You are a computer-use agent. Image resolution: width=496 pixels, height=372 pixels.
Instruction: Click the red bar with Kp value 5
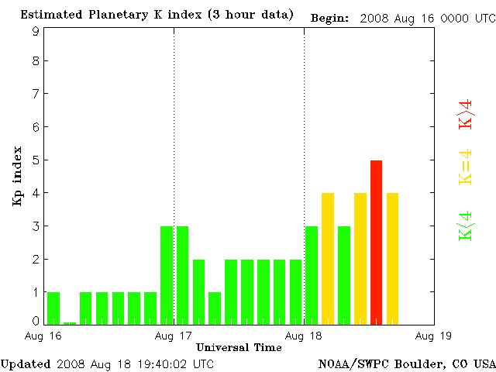tap(376, 242)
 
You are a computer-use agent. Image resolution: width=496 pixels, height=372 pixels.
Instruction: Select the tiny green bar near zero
tap(70, 322)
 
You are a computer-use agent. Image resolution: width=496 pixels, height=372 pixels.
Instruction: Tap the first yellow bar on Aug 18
tap(328, 258)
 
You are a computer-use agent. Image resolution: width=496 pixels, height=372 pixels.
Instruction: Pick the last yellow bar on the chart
tap(392, 258)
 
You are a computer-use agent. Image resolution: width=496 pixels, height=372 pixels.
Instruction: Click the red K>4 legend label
tap(466, 114)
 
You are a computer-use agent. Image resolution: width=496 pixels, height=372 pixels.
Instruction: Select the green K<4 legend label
tap(466, 226)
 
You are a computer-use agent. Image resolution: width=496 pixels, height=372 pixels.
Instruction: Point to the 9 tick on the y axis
tap(36, 31)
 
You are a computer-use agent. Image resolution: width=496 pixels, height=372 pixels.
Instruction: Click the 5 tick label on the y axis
tap(36, 160)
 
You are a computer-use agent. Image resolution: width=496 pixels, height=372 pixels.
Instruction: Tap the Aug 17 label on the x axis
tap(174, 336)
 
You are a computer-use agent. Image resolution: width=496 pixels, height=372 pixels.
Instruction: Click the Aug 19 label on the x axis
tap(433, 336)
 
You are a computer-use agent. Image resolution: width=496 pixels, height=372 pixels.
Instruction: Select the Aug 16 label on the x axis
tap(45, 336)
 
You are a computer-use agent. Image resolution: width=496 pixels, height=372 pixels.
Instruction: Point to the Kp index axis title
tap(17, 176)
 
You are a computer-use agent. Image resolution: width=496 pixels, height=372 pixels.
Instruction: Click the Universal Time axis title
tap(239, 347)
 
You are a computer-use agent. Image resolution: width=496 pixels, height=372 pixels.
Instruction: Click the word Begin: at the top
tap(329, 17)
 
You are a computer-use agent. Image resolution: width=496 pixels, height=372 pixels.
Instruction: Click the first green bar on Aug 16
tap(53, 308)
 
